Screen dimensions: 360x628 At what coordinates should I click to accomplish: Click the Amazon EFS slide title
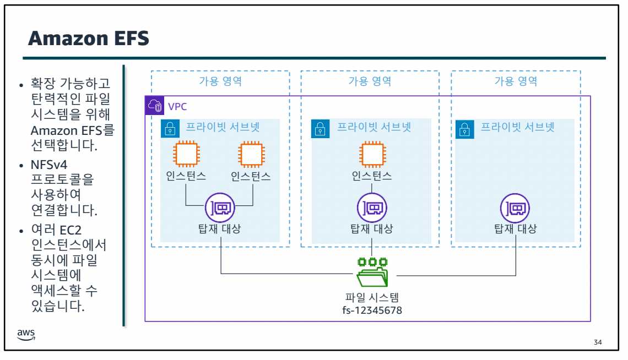coord(89,39)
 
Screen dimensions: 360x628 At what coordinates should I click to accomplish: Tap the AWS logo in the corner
coord(25,335)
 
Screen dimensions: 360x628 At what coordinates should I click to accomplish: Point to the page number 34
coord(598,343)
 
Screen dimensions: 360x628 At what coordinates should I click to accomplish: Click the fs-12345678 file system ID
coord(372,310)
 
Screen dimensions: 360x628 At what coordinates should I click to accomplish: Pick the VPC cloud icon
coord(155,106)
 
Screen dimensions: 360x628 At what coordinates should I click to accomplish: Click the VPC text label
coord(177,106)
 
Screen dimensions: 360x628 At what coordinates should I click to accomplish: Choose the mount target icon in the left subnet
coord(219,208)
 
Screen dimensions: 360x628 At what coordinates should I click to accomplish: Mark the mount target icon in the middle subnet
coord(372,208)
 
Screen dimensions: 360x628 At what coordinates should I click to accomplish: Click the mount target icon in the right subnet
coord(515,208)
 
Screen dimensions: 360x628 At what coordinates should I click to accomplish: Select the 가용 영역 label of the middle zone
coord(370,81)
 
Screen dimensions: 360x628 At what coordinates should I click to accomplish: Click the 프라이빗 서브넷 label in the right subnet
coord(517,127)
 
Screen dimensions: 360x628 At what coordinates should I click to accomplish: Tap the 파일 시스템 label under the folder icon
coord(372,298)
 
